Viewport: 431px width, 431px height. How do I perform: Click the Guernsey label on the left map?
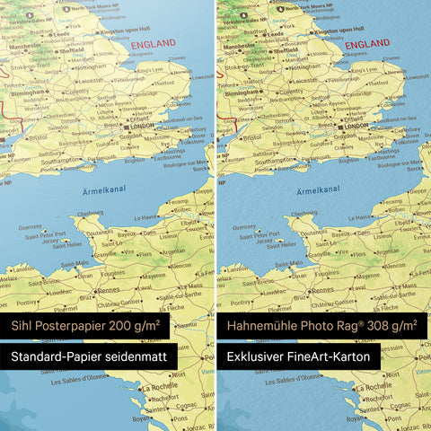pyautogui.click(x=30, y=228)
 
